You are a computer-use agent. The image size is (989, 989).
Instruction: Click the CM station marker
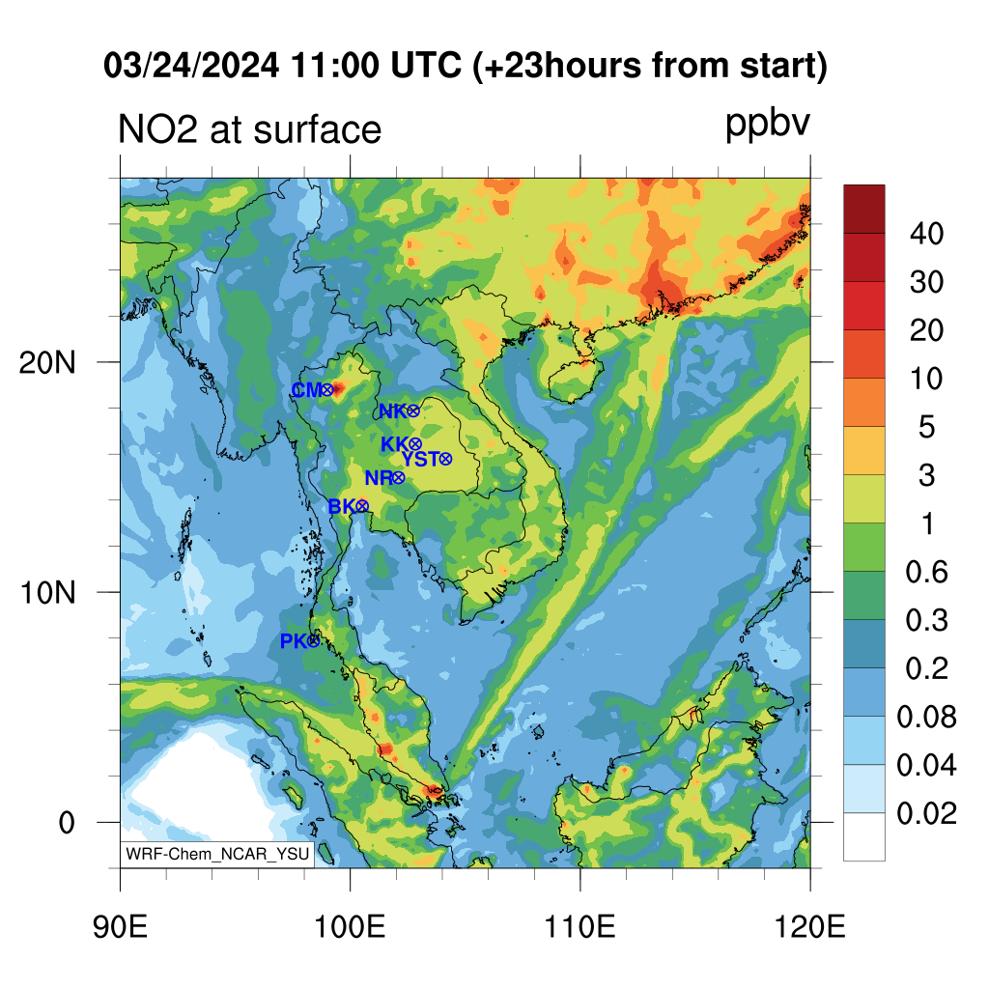coord(326,390)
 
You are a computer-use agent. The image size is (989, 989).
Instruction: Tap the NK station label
coord(392,411)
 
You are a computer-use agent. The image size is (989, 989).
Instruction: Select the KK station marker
coord(414,444)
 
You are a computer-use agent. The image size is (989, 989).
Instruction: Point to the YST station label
coord(420,459)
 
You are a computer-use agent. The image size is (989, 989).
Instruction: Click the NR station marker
coord(398,478)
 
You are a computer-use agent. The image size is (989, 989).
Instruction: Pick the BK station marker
coord(361,506)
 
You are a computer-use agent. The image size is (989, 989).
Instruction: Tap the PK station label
coord(293,641)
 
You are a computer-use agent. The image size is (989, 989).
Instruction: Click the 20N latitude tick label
coord(46,363)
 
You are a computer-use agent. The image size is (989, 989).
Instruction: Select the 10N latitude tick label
coord(46,593)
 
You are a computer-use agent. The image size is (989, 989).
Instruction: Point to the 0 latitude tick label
coord(67,823)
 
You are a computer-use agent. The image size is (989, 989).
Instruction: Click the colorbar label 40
coord(926,234)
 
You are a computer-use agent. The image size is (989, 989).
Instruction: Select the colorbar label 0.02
coord(926,813)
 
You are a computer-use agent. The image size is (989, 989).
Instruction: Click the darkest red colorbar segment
coord(864,209)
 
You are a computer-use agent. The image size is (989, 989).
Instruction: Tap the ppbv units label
coord(767,124)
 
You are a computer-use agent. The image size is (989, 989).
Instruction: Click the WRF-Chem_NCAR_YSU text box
coord(217,854)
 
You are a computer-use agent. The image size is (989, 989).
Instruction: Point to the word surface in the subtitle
coord(317,130)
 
